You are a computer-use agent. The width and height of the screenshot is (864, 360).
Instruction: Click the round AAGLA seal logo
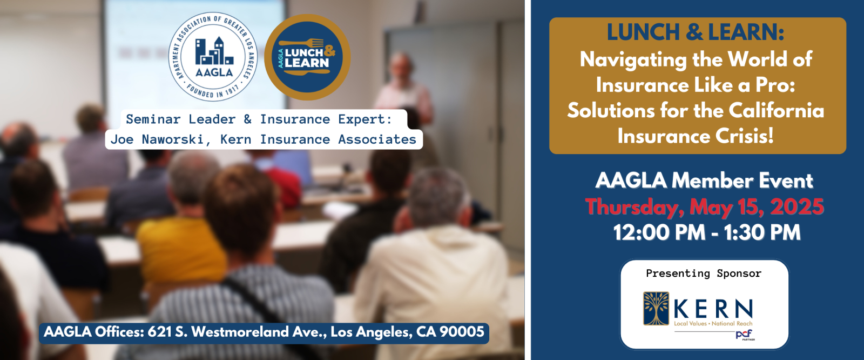[213, 57]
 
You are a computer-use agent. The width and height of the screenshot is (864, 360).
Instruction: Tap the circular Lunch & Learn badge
[307, 57]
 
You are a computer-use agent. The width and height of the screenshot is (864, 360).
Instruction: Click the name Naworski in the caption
[176, 139]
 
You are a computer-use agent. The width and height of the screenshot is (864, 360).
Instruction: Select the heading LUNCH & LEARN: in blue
[696, 32]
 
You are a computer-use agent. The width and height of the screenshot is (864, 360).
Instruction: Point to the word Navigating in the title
[633, 60]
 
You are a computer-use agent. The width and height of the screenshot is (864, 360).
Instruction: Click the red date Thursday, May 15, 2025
[704, 206]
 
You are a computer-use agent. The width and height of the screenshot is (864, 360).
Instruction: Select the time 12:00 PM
[659, 232]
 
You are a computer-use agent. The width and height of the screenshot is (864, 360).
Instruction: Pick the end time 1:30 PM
[762, 232]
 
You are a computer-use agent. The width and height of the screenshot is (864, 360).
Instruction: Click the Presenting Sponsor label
[704, 274]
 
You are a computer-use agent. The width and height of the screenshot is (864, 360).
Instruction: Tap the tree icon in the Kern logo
[656, 308]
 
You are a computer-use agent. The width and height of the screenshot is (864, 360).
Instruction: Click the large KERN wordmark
[713, 309]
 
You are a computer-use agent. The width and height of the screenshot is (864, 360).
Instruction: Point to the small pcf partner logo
[745, 335]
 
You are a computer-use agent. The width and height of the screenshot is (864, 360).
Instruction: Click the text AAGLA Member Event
[704, 181]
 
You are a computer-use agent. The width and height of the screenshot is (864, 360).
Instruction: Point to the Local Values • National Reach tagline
[713, 324]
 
